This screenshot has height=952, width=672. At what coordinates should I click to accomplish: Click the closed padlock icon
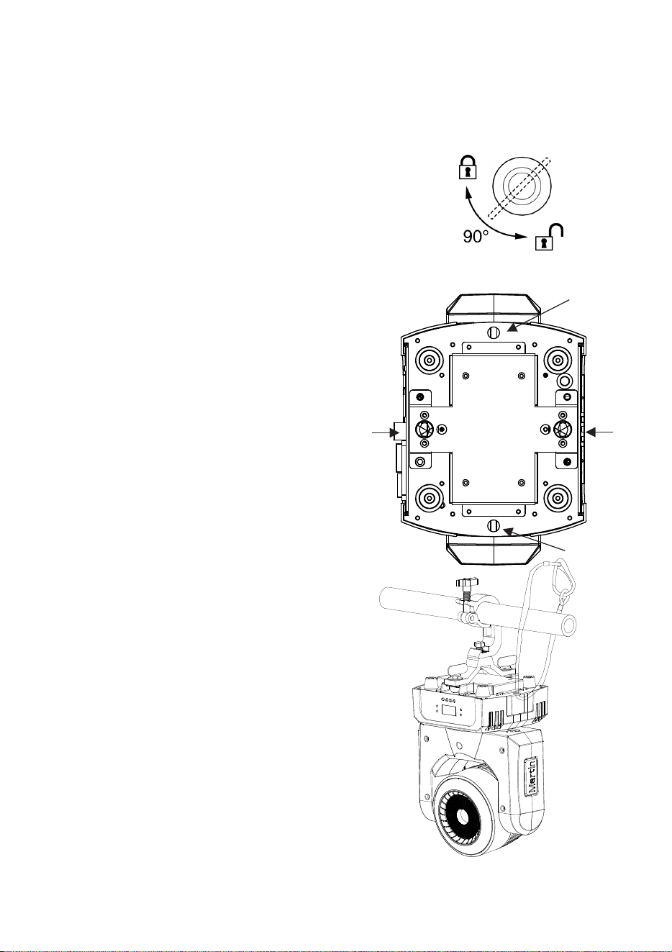tap(468, 168)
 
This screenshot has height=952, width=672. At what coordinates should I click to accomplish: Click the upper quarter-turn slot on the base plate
tap(494, 332)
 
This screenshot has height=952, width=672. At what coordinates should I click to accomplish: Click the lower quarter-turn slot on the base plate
tap(494, 525)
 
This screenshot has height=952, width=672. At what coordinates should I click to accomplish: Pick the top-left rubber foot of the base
tap(430, 361)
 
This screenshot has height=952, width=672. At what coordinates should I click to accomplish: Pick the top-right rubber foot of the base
tap(557, 361)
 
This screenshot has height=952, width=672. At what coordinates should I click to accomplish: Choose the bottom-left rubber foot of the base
tap(430, 497)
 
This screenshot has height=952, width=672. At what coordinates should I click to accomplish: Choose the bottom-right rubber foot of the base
tap(557, 497)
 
